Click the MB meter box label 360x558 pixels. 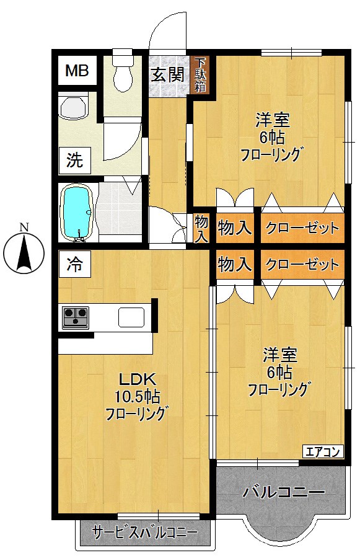[77, 71]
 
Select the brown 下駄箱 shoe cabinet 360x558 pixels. [201, 74]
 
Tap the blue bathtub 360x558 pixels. [77, 213]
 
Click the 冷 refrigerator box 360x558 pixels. [74, 265]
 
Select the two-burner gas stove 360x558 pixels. [76, 317]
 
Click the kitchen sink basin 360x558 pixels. [131, 317]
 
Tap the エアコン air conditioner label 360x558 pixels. [322, 451]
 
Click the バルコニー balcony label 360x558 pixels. [283, 492]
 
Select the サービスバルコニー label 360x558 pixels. [144, 532]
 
